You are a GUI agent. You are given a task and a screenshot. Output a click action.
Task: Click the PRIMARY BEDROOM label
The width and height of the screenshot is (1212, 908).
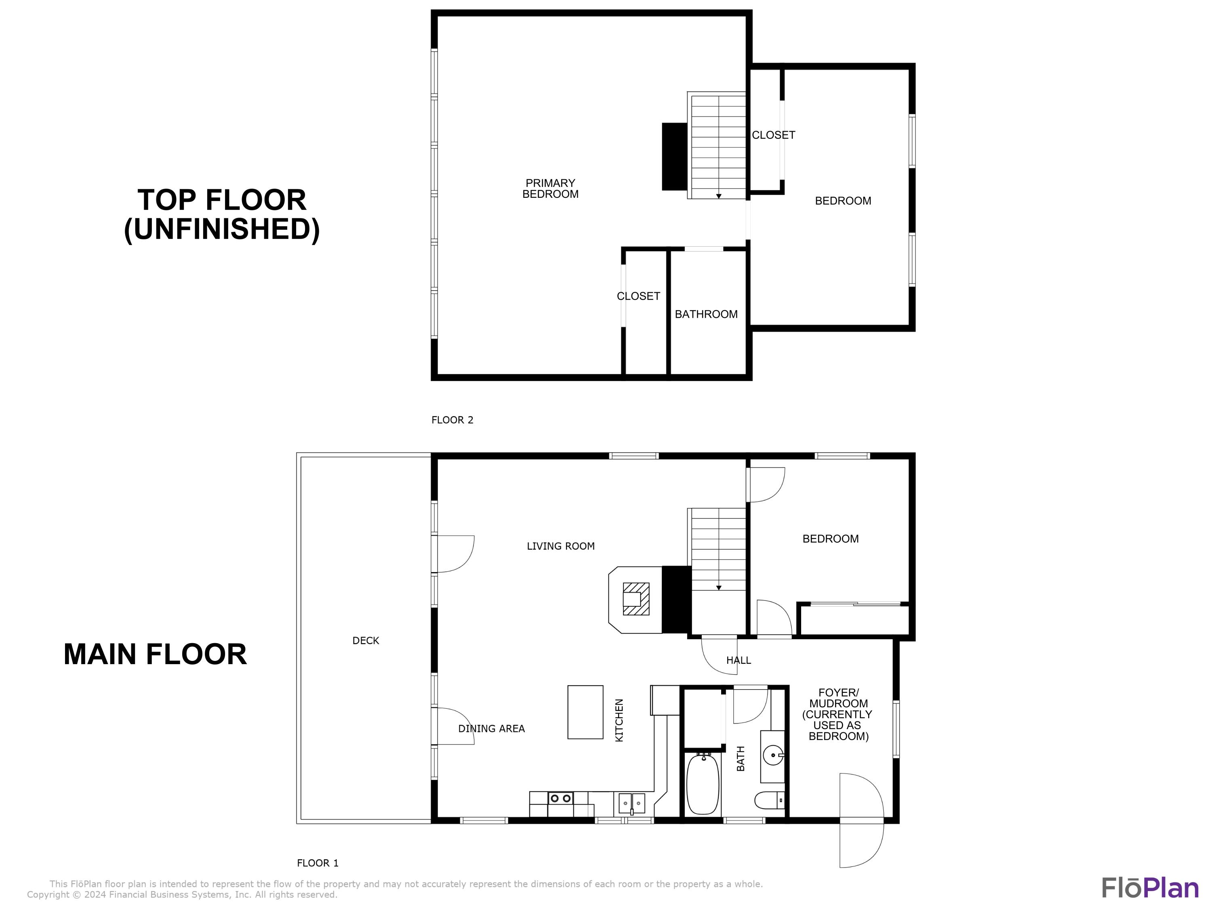pos(550,189)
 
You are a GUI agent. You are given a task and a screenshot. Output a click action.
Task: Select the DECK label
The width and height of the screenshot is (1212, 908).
pos(366,640)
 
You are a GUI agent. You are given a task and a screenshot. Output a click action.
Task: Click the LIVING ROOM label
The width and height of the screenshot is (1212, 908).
pos(560,546)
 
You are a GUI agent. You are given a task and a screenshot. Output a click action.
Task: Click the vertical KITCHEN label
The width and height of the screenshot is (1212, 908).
pos(619,720)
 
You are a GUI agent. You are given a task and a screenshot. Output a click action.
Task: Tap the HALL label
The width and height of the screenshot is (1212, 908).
pos(738,660)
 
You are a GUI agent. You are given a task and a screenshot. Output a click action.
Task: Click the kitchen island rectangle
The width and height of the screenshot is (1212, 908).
pos(585,712)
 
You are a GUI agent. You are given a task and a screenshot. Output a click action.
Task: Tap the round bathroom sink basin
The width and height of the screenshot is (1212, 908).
pos(772,756)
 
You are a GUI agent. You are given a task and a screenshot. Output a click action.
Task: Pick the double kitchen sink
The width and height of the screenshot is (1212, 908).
pos(632,803)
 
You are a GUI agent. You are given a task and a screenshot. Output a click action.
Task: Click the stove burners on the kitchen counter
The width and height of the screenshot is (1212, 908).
pos(560,799)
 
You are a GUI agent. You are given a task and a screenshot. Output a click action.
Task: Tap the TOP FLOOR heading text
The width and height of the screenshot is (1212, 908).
pos(222,200)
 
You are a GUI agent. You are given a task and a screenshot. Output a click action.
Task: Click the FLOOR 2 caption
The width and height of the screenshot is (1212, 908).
pos(452,420)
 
